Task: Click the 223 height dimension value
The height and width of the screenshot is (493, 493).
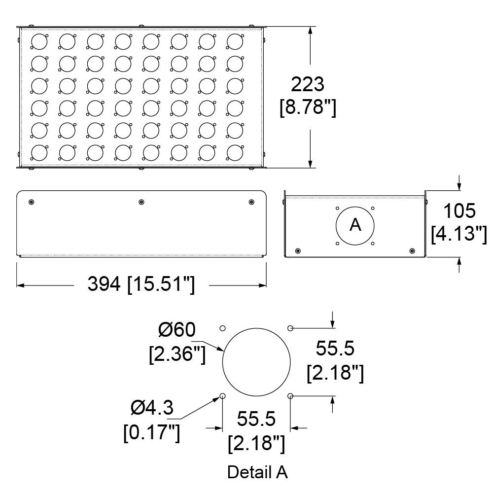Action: [x=307, y=84]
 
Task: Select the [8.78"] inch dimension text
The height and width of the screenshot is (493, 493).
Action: [x=308, y=107]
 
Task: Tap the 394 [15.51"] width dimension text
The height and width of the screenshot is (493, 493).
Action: [x=141, y=284]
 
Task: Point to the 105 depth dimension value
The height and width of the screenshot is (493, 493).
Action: [x=459, y=211]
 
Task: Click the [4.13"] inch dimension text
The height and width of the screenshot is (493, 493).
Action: [x=458, y=234]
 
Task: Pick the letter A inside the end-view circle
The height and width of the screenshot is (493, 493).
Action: [x=355, y=225]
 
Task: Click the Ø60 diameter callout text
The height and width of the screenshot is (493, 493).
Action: [x=176, y=330]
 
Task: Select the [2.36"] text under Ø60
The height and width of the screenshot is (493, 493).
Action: [x=177, y=354]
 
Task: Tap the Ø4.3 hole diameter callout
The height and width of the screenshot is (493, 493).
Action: [x=152, y=408]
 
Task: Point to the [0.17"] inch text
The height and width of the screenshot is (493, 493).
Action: [x=151, y=432]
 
